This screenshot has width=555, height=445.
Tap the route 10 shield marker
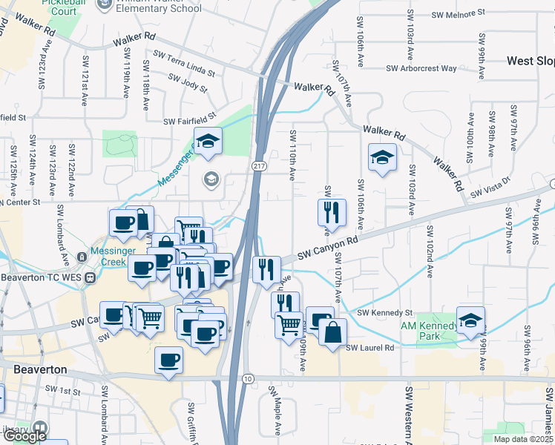coord(247,379)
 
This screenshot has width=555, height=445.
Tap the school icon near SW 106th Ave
coord(382,158)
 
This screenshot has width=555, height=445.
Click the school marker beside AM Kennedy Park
coord(470,320)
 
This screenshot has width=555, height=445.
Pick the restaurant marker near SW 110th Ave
coord(331,212)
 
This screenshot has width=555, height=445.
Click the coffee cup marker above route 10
coord(169,361)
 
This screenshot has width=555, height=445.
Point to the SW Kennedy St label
coord(384,313)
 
